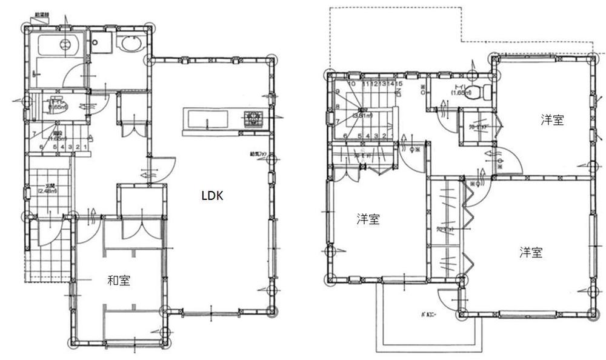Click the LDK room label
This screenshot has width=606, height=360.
coord(212,195)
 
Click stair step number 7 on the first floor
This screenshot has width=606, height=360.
coord(35,133)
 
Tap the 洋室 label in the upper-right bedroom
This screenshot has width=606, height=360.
coord(552,120)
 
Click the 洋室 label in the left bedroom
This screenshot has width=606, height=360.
coord(368,219)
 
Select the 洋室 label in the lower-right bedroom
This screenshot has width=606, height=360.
coord(530,252)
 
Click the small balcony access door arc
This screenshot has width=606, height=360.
coord(448,299)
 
